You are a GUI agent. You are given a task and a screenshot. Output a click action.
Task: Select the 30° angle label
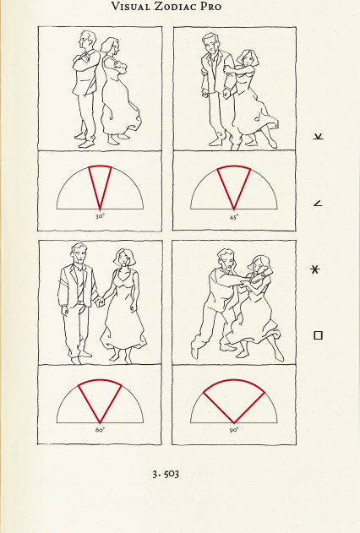click(x=100, y=216)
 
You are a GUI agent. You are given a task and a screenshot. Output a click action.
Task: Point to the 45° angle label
click(x=234, y=217)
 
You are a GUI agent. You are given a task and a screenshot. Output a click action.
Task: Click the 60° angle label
click(x=100, y=430)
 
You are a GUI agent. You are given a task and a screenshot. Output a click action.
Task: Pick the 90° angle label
click(x=234, y=430)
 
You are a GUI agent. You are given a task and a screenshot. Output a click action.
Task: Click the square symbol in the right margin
click(x=318, y=335)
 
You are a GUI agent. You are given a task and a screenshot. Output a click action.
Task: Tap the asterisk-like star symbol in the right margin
click(x=315, y=269)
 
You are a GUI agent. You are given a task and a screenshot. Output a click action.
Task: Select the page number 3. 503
click(x=166, y=474)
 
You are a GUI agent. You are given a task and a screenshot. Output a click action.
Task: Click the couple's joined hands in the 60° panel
click(x=100, y=302)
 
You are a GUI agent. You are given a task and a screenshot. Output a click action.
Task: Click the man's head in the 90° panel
click(x=226, y=260)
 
